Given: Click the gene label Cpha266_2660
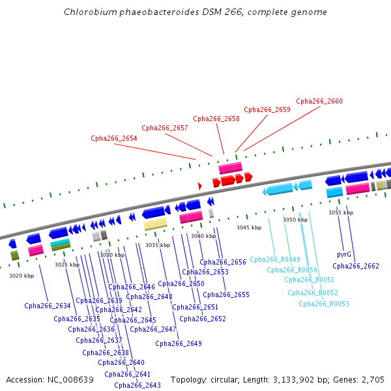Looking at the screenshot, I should [x=319, y=102].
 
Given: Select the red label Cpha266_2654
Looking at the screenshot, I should [x=113, y=138].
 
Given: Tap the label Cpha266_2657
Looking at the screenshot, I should [x=164, y=128].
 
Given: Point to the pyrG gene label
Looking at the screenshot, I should [x=344, y=254].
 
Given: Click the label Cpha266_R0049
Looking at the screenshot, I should [x=274, y=259].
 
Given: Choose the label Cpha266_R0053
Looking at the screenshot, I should [x=323, y=304].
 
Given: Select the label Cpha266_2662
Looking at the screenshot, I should [x=355, y=266].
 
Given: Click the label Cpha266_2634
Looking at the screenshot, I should [x=47, y=306].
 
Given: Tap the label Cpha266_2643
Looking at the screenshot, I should [x=137, y=385].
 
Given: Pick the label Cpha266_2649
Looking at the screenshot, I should [x=178, y=343].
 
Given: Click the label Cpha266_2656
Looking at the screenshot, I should [x=222, y=262].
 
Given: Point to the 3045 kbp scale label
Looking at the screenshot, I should [x=248, y=227].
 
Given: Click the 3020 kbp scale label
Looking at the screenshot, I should [x=21, y=276].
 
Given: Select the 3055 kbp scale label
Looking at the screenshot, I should [x=340, y=212].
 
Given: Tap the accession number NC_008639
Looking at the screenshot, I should [x=72, y=379].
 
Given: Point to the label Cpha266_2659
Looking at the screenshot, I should [x=267, y=110].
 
